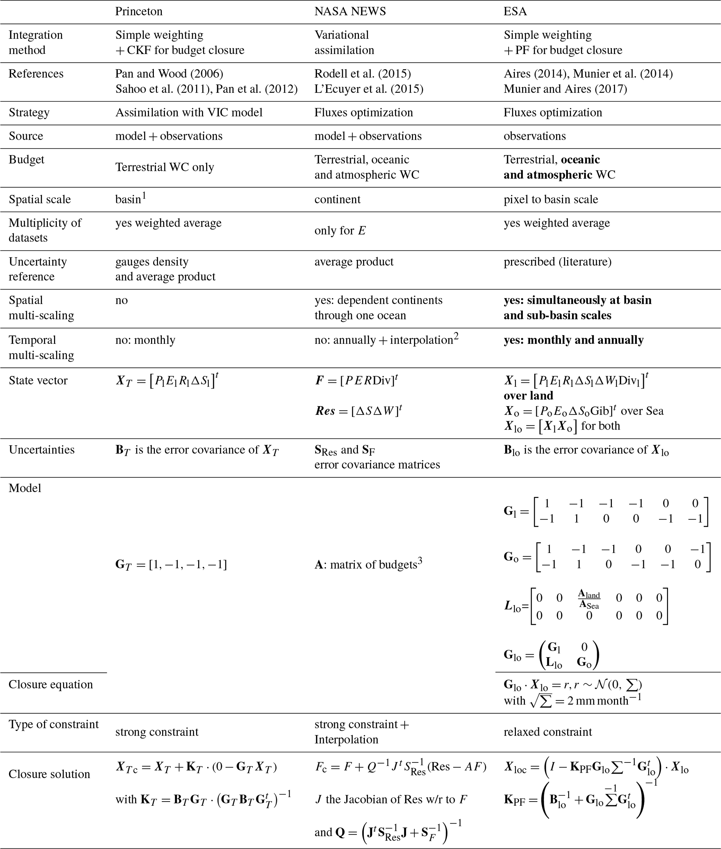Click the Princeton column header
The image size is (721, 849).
click(138, 12)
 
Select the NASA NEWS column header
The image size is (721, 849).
click(350, 12)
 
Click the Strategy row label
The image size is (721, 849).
click(29, 112)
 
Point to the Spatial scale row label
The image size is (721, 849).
click(40, 199)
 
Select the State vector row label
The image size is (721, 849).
click(38, 380)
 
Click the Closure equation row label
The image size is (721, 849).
click(51, 684)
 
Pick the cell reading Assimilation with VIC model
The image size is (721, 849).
click(189, 112)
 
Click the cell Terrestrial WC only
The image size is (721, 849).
click(164, 167)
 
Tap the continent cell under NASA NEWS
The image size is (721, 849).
click(337, 199)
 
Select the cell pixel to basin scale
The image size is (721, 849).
click(550, 199)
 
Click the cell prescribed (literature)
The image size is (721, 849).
click(557, 261)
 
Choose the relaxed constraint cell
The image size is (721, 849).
click(548, 732)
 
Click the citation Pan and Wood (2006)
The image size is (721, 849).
click(169, 74)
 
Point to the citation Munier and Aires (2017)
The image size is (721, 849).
click(565, 89)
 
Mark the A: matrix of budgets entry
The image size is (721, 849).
click(368, 564)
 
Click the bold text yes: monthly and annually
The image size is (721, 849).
click(573, 340)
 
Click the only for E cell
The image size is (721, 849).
click(340, 230)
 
